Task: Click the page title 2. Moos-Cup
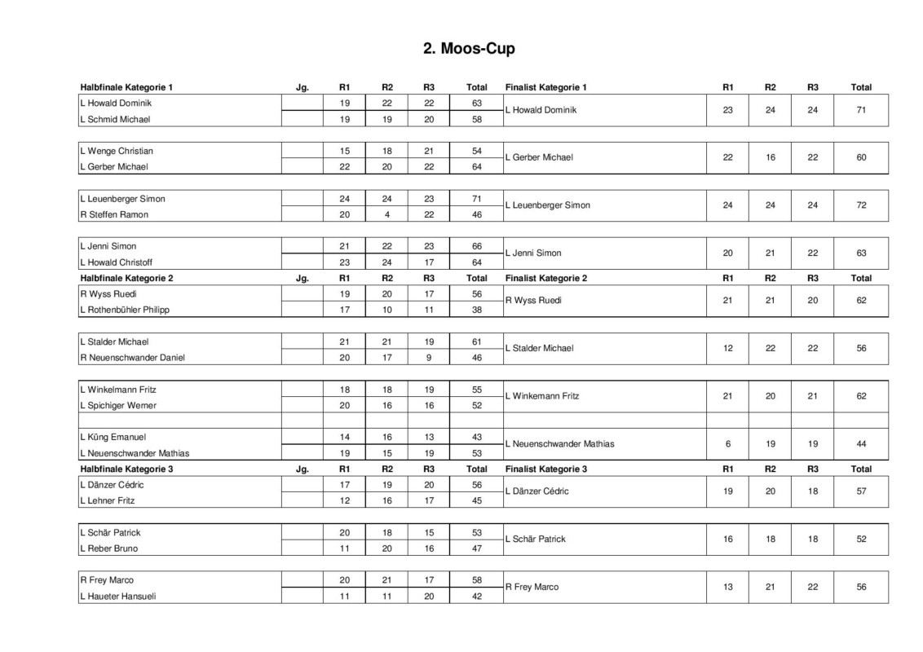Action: coord(469,49)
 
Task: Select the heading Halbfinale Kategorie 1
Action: coord(126,87)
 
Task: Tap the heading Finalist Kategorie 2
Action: coord(545,278)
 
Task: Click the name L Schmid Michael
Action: coord(114,119)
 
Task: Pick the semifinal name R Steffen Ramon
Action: coord(113,215)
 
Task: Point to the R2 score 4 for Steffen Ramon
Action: coord(387,215)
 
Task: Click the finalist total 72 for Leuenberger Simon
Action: coord(861,205)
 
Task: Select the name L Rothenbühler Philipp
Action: coord(124,311)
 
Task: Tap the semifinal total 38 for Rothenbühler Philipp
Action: coord(477,311)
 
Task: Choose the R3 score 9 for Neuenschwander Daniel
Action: coord(429,358)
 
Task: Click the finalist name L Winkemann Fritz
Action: coord(542,396)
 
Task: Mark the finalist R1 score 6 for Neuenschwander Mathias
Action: coord(728,444)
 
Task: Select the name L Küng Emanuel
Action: coord(113,438)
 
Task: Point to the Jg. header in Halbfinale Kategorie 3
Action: coord(303,469)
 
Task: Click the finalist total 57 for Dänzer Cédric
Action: coord(861,491)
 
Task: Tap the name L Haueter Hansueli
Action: coord(117,597)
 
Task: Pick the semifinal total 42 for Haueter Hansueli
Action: coord(477,597)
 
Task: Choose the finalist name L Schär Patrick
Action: coord(535,540)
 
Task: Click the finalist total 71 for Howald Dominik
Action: coord(861,110)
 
